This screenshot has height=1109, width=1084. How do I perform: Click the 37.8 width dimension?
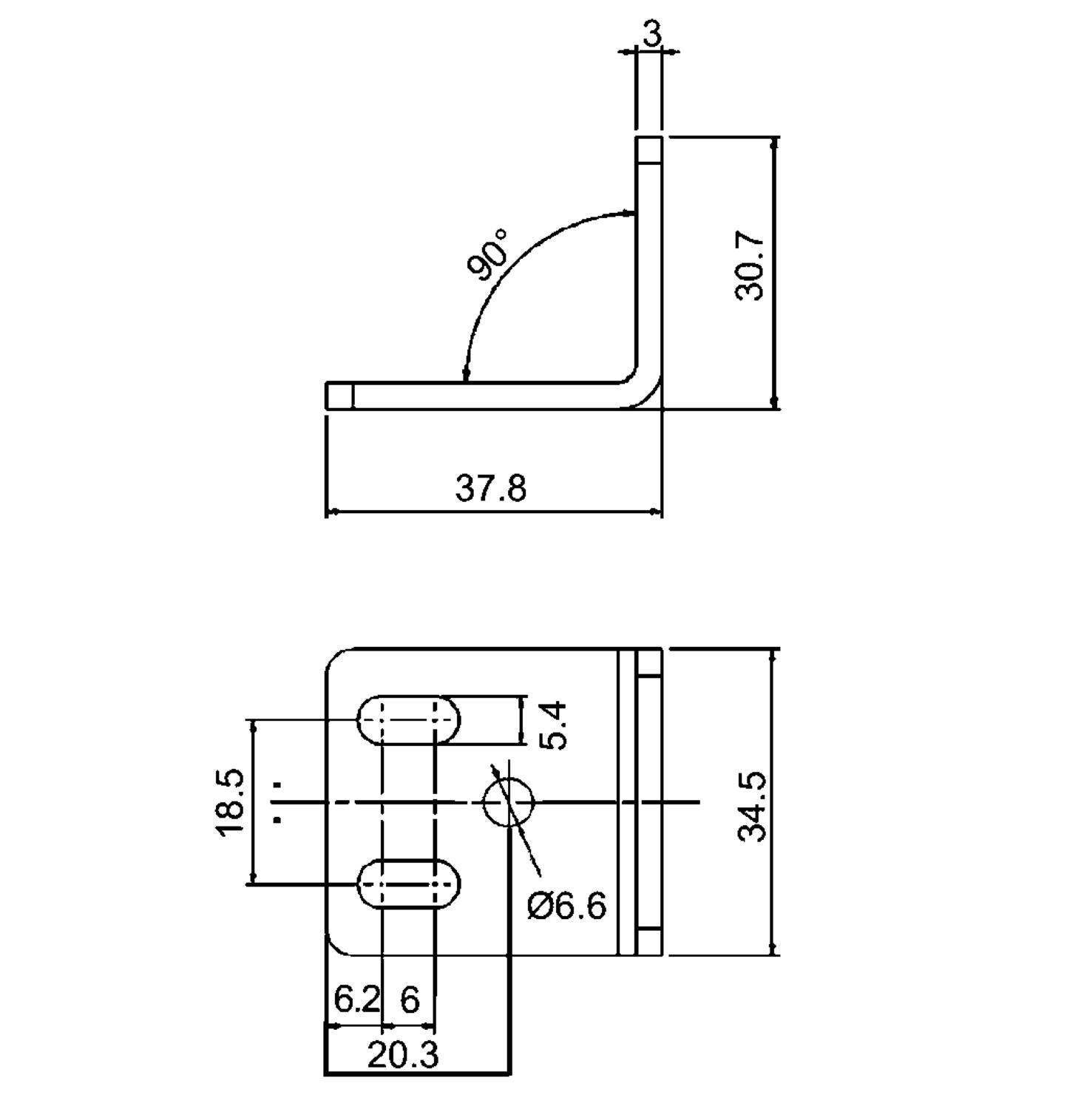(491, 489)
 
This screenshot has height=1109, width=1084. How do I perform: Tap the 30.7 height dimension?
(750, 265)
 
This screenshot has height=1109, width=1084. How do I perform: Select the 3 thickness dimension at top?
(651, 33)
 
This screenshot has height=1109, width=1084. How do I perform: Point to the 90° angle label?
(489, 254)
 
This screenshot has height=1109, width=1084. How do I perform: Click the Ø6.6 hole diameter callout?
(566, 905)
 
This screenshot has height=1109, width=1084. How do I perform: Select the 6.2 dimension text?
(357, 1000)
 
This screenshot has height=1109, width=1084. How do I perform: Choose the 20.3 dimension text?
(403, 1055)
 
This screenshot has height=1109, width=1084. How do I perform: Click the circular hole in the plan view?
(509, 801)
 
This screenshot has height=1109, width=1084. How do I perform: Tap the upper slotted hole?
(409, 719)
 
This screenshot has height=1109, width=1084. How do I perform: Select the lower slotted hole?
(409, 884)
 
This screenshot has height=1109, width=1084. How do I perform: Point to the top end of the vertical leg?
(648, 138)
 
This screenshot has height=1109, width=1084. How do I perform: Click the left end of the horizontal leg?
(328, 396)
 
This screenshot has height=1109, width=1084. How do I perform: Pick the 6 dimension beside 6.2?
(410, 1000)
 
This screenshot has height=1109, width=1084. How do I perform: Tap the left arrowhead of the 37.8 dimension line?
(332, 511)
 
